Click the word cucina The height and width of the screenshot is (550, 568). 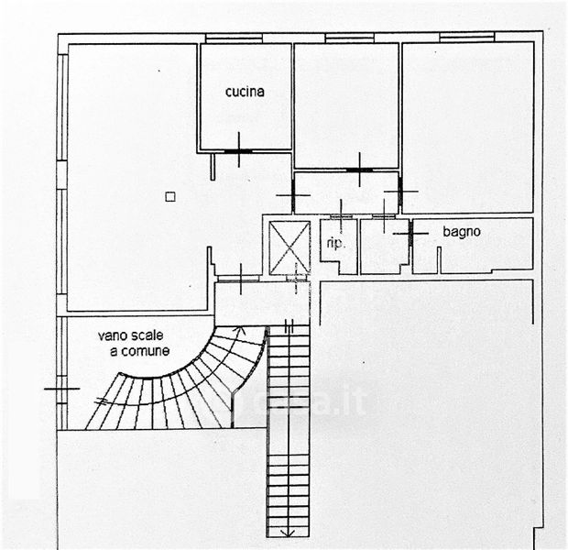(246, 92)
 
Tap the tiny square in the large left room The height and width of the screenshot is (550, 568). (169, 195)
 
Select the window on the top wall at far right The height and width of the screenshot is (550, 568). (466, 38)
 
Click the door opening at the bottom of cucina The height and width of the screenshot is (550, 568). (238, 150)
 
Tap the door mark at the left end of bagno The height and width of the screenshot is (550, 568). (410, 233)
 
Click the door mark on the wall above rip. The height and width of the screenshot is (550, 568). (341, 214)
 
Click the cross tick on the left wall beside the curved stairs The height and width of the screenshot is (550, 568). (60, 389)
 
